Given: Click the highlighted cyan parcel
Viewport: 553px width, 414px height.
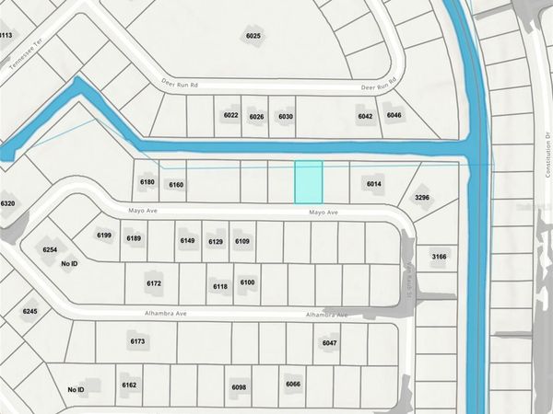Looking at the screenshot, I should (308, 182).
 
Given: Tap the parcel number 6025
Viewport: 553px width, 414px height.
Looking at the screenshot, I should (253, 36).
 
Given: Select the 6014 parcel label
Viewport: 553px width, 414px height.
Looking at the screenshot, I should (373, 184).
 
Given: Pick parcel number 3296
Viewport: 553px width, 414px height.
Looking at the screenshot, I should (422, 197).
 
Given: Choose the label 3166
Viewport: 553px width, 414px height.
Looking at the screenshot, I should (439, 257).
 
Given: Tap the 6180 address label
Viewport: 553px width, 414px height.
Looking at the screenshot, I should (147, 182).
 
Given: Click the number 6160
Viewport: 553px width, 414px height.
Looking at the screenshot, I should (176, 185).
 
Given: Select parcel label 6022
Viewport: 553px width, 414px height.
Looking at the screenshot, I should (231, 116).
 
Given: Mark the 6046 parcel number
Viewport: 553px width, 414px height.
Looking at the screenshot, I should (394, 115).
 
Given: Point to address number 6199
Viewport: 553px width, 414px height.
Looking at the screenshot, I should (104, 236).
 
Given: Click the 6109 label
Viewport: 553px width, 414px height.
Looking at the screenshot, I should (242, 241).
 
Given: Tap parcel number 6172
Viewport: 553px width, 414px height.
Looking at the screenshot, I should (154, 283).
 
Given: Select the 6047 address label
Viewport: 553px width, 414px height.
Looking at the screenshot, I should (330, 342).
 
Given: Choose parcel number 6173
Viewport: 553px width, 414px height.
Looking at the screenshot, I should (138, 341).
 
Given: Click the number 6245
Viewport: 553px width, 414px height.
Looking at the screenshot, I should (30, 312).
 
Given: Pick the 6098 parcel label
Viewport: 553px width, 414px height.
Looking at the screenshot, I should (239, 387).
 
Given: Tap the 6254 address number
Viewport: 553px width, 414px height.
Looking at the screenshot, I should (51, 250).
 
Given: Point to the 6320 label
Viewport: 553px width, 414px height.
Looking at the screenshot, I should (7, 203).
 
